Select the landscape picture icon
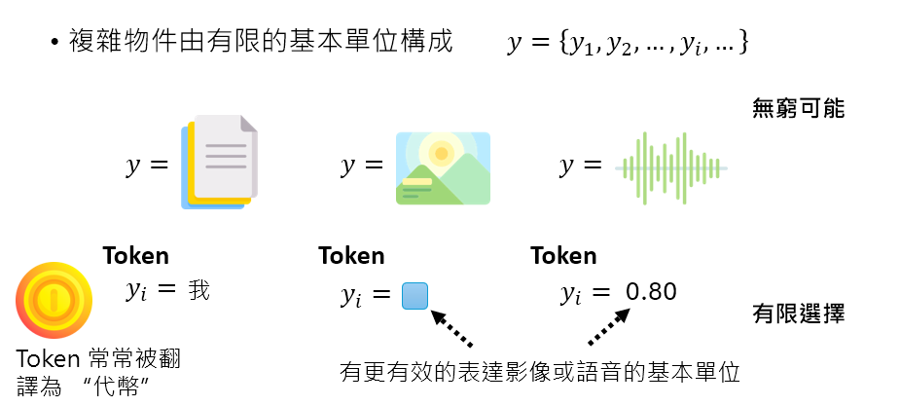coord(443,167)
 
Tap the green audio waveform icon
coord(671,166)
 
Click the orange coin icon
coord(54,299)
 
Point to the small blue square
coord(415,296)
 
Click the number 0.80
coord(651,292)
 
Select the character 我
coord(199,290)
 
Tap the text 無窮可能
coord(798,108)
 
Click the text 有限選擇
coord(798,314)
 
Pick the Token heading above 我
coord(136,256)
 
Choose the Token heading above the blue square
coord(351,256)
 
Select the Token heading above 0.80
coord(563,256)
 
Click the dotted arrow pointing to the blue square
coord(451,329)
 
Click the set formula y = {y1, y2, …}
coord(628,44)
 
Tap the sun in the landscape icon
coord(443,153)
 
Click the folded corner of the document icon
coord(248,124)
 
